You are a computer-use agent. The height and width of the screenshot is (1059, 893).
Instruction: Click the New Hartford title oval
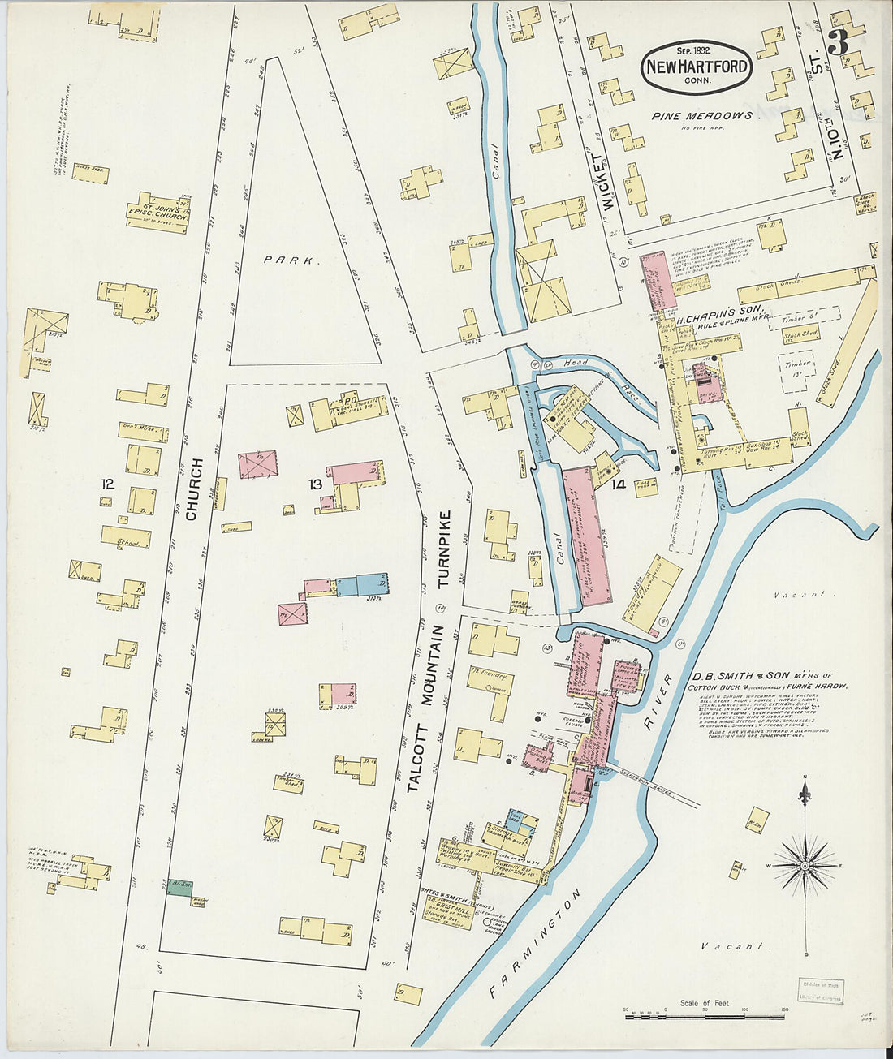[696, 67]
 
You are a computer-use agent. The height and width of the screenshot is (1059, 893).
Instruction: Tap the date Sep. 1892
[695, 50]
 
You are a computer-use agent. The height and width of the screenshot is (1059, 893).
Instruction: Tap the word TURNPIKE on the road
[443, 549]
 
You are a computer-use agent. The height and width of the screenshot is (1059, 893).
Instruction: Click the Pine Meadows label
[701, 116]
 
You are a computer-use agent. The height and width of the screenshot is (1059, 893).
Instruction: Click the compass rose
[804, 865]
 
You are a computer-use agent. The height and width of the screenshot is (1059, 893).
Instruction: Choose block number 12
[106, 484]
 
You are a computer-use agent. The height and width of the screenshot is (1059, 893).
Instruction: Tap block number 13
[315, 484]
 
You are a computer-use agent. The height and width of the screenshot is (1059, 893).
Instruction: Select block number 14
[619, 484]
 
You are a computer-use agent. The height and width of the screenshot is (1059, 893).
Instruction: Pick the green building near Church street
[179, 887]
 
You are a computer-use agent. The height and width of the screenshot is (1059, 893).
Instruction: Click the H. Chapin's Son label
[714, 316]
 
